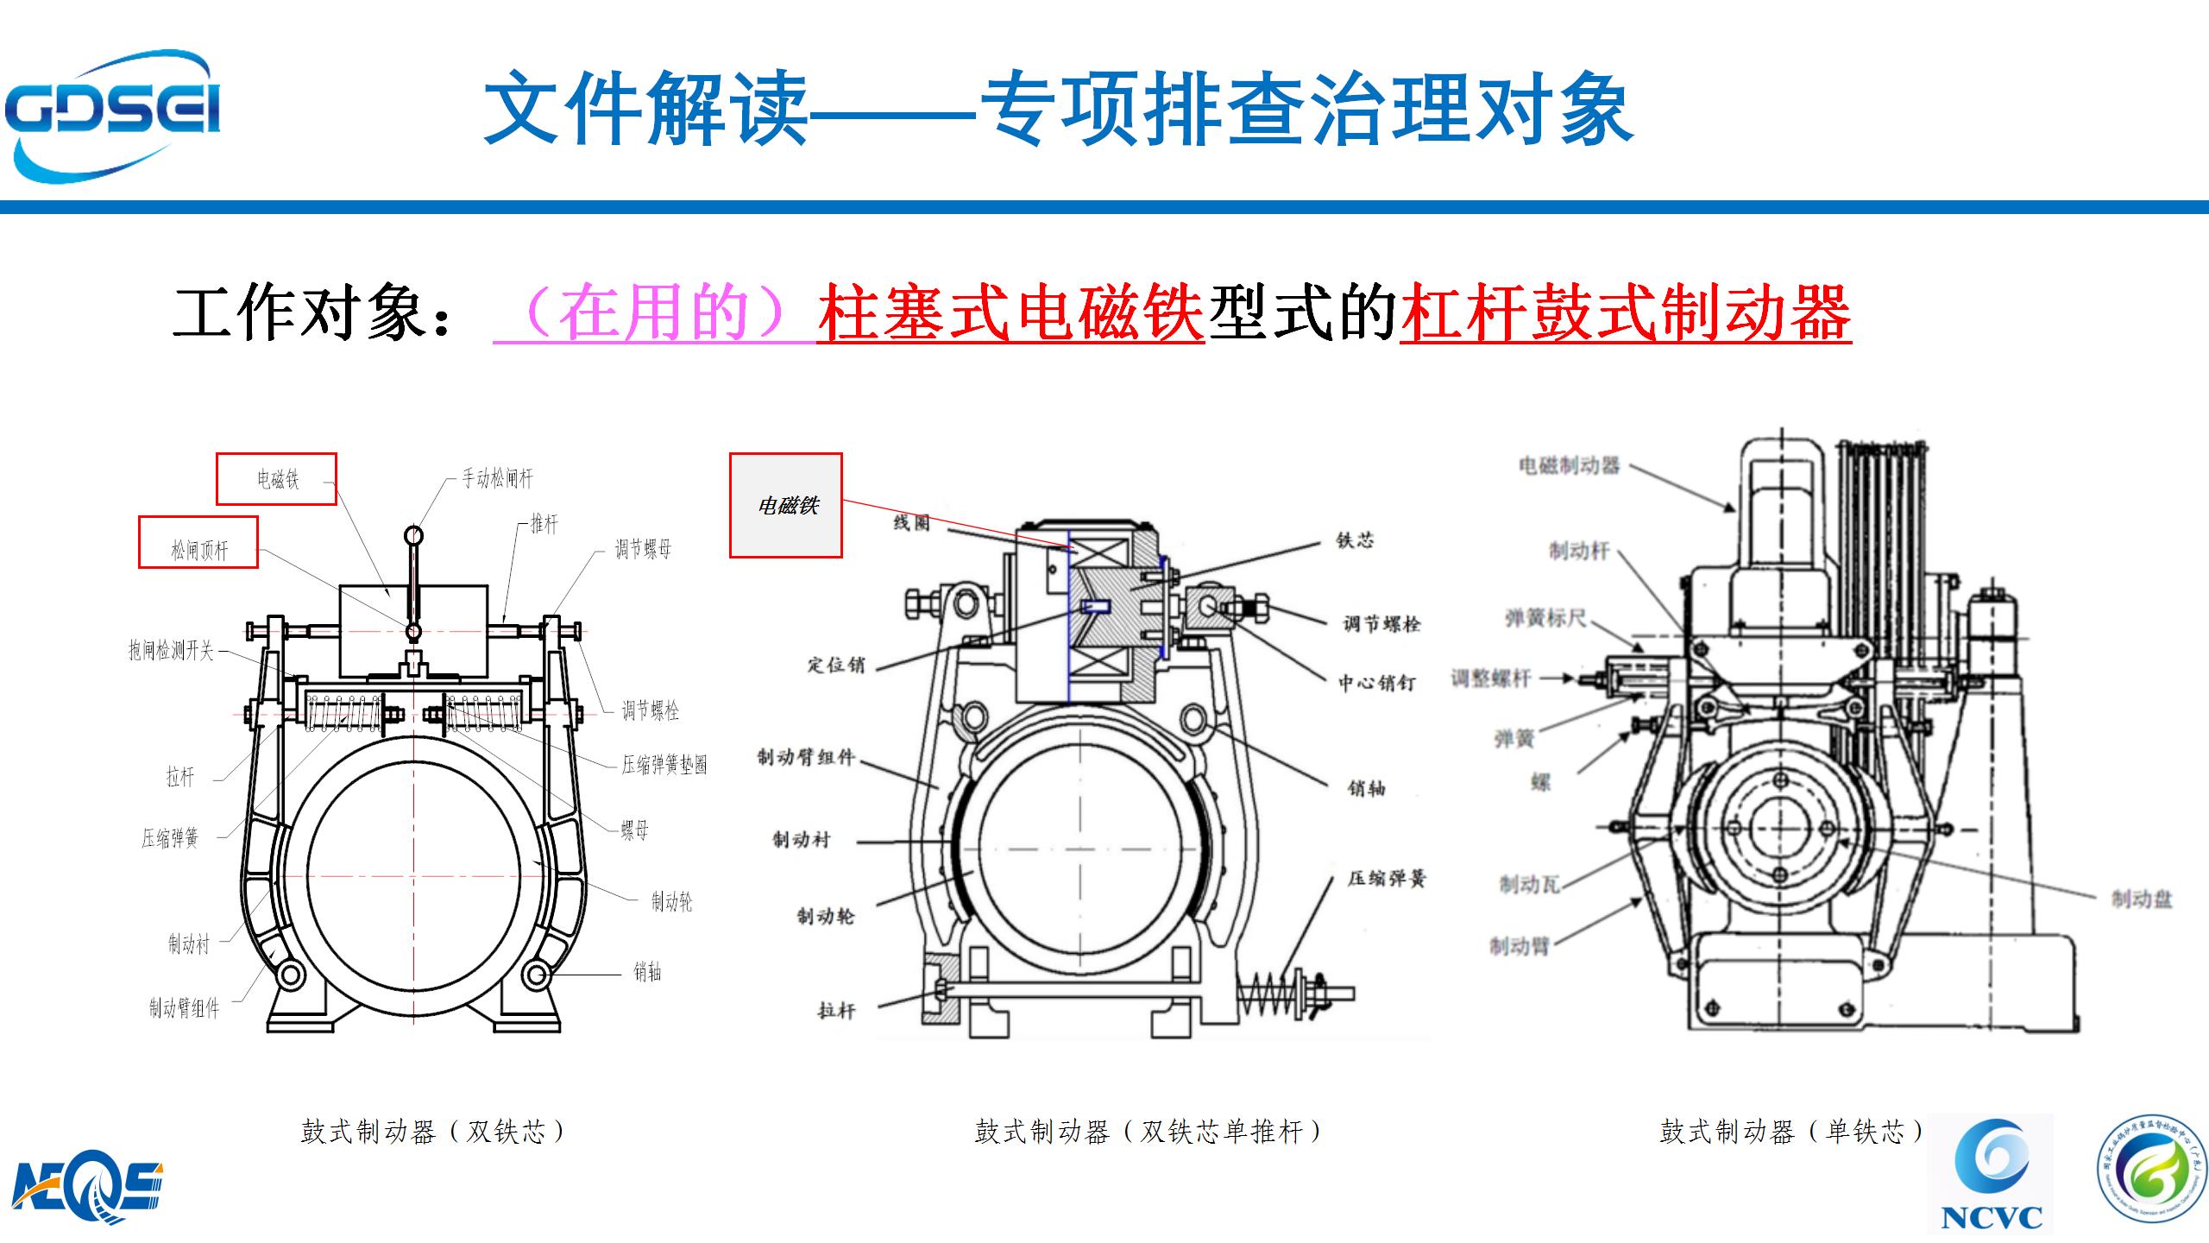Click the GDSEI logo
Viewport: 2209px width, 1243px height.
pyautogui.click(x=112, y=116)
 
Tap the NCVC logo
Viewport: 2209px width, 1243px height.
pyautogui.click(x=1992, y=1174)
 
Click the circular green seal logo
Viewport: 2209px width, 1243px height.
pyautogui.click(x=2151, y=1174)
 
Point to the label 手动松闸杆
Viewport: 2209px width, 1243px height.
pyautogui.click(x=497, y=478)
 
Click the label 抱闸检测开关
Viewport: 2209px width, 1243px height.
pyautogui.click(x=171, y=650)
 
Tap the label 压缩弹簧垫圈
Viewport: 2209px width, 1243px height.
pyautogui.click(x=664, y=765)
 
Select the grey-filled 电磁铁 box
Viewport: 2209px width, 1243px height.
pyautogui.click(x=786, y=506)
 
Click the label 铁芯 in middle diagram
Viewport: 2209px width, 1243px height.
pyautogui.click(x=1354, y=540)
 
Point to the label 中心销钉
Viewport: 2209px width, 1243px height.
pyautogui.click(x=1376, y=683)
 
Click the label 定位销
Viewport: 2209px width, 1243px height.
pyautogui.click(x=835, y=665)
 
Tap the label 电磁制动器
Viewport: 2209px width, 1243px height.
pyautogui.click(x=1569, y=466)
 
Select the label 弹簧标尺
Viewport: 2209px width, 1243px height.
pyautogui.click(x=1545, y=618)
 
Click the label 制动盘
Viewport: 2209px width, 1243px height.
pyautogui.click(x=2141, y=899)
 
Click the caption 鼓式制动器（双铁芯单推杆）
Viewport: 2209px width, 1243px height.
pyautogui.click(x=1148, y=1132)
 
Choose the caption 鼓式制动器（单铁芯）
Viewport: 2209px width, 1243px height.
pyautogui.click(x=1791, y=1132)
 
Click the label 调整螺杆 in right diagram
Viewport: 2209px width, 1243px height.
pyautogui.click(x=1490, y=678)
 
